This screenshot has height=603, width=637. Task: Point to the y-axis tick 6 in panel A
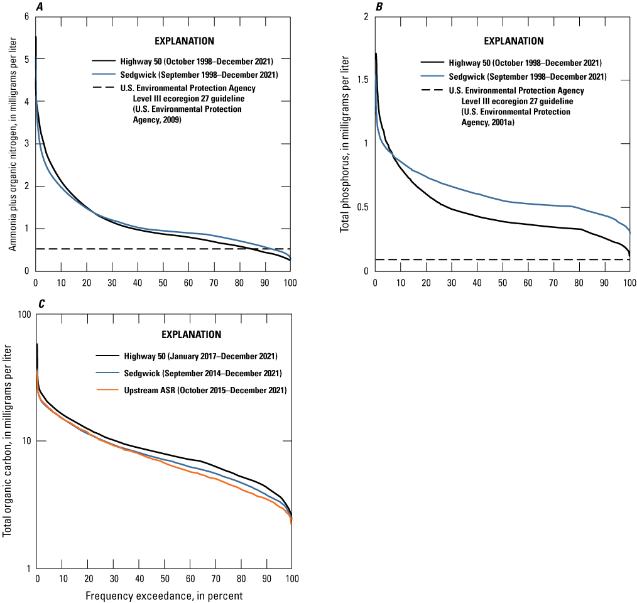point(26,16)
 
